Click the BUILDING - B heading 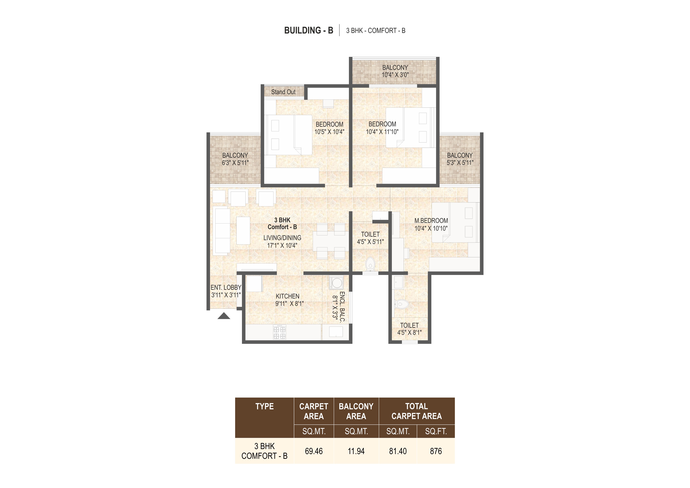tap(309, 30)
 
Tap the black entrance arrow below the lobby tap(224, 316)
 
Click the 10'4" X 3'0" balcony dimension tap(395, 75)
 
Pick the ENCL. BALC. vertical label tap(342, 307)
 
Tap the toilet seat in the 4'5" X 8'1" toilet tap(402, 304)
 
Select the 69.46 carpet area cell tap(314, 451)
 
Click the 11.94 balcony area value tap(356, 451)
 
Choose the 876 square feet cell tap(436, 451)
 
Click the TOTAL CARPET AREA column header tap(416, 411)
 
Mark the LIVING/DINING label tap(282, 238)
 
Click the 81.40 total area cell tap(398, 451)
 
